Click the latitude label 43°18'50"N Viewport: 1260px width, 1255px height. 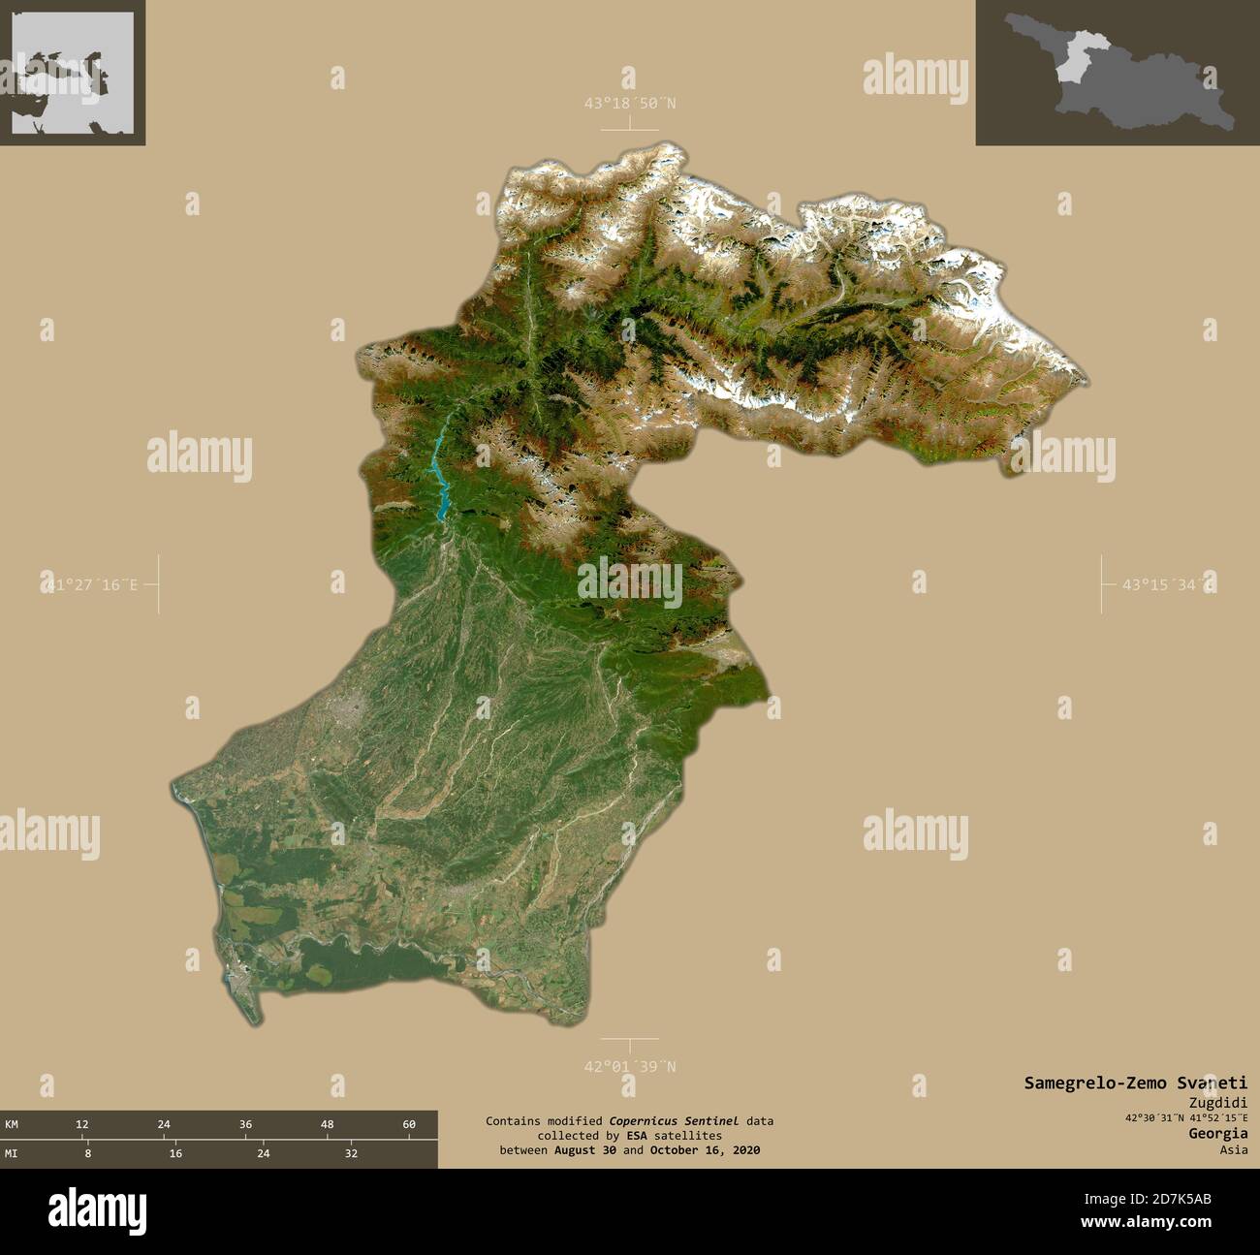(x=629, y=103)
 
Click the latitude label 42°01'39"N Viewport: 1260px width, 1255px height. (x=629, y=1066)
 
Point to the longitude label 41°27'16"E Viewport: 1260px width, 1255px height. (x=89, y=584)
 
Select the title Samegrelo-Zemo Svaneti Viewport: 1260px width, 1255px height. (x=1136, y=1082)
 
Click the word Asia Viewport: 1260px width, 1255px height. (x=1234, y=1150)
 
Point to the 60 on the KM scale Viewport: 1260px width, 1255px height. (x=409, y=1124)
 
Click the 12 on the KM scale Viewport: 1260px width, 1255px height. (x=82, y=1124)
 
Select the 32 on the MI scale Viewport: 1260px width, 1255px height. (x=351, y=1153)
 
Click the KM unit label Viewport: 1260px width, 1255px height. (x=12, y=1124)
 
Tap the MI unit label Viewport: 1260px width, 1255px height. (x=12, y=1153)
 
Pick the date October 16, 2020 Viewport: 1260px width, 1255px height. (x=705, y=1150)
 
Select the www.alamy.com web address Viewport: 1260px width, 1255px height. (x=1152, y=1223)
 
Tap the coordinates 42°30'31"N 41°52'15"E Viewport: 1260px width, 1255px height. (x=1186, y=1117)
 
